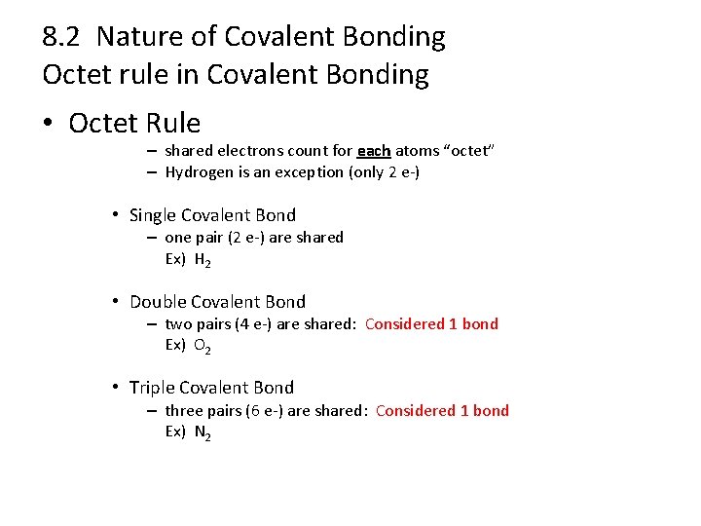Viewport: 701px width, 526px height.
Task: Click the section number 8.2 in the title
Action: [61, 37]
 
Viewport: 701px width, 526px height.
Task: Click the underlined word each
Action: [374, 151]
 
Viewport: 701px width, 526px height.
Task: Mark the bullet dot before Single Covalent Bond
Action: [115, 215]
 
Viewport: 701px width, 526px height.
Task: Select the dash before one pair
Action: [153, 238]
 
